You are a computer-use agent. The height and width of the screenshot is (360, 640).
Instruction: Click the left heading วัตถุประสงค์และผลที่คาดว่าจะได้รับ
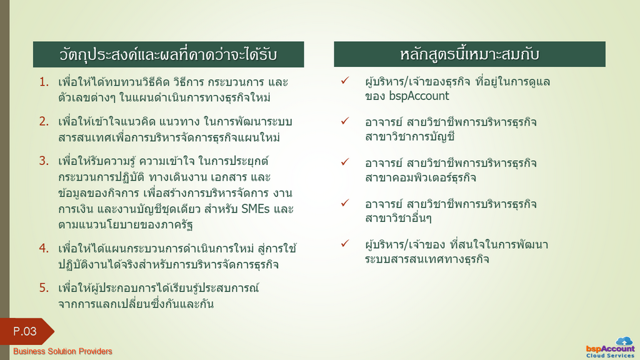pyautogui.click(x=168, y=54)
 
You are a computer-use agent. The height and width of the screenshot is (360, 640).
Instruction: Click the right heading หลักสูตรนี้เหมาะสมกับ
pyautogui.click(x=469, y=54)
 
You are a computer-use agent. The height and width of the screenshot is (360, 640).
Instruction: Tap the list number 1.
pyautogui.click(x=44, y=82)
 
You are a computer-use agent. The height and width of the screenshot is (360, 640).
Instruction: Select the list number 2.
pyautogui.click(x=44, y=122)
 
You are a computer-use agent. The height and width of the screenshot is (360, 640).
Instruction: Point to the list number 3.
pyautogui.click(x=44, y=161)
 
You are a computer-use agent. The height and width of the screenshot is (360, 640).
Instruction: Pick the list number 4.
pyautogui.click(x=44, y=248)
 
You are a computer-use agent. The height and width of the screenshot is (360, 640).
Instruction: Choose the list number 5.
pyautogui.click(x=44, y=287)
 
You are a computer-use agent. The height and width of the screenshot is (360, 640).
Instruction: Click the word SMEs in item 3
pyautogui.click(x=256, y=209)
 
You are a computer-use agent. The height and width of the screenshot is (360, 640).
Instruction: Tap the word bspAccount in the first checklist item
pyautogui.click(x=419, y=96)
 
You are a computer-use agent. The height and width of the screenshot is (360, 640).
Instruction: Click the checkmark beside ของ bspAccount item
pyautogui.click(x=345, y=81)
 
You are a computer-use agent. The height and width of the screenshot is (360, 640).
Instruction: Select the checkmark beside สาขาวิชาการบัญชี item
pyautogui.click(x=345, y=121)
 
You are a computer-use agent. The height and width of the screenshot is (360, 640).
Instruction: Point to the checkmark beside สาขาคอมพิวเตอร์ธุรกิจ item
pyautogui.click(x=345, y=162)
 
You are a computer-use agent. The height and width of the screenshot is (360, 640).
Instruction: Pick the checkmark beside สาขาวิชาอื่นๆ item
pyautogui.click(x=345, y=202)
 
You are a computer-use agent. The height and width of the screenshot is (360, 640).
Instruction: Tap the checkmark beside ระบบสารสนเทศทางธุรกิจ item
pyautogui.click(x=345, y=243)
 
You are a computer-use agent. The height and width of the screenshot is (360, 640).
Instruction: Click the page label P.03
pyautogui.click(x=25, y=331)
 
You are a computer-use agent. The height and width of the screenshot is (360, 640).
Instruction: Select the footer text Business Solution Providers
pyautogui.click(x=62, y=351)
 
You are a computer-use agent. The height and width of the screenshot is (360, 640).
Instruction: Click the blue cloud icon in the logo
pyautogui.click(x=624, y=341)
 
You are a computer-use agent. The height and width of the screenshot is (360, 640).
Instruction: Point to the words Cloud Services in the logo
pyautogui.click(x=611, y=356)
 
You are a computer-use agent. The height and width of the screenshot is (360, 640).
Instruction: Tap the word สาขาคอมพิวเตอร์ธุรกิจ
pyautogui.click(x=421, y=177)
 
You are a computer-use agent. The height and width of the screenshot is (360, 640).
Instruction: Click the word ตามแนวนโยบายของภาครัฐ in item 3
pyautogui.click(x=126, y=225)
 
